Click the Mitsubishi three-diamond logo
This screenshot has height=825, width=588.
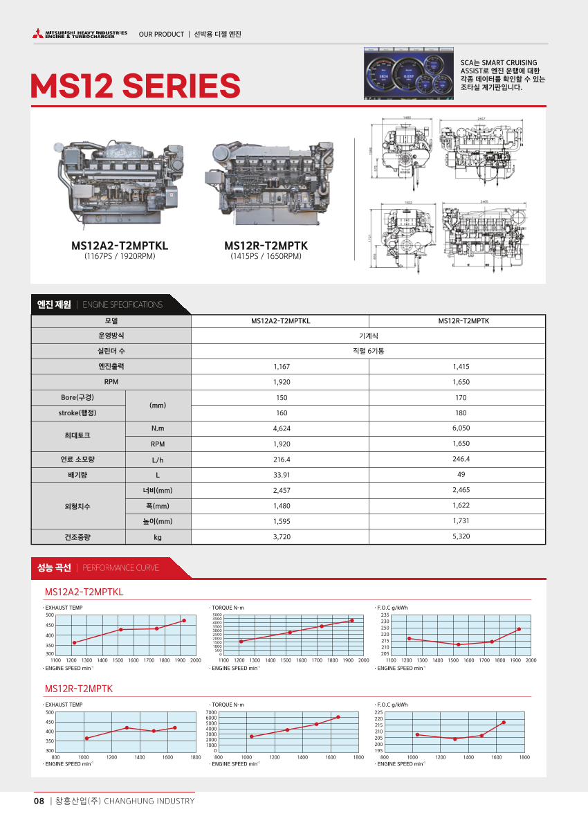[x=37, y=34]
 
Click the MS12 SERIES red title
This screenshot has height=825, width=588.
[x=136, y=86]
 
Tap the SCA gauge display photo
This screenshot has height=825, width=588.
[x=409, y=75]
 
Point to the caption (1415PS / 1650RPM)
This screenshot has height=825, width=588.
[x=266, y=257]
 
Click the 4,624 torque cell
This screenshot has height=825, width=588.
[x=281, y=428]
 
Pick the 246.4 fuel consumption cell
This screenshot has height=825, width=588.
[x=461, y=459]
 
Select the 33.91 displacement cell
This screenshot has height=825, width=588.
[x=281, y=475]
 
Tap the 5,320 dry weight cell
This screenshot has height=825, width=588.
[x=461, y=536]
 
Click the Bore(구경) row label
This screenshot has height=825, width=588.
[x=77, y=397]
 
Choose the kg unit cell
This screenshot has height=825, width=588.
[x=157, y=536]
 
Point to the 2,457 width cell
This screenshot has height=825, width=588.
[x=281, y=490]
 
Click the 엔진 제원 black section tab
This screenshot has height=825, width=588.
[x=54, y=305]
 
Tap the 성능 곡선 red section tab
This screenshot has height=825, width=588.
[x=54, y=568]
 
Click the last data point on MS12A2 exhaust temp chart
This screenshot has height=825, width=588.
[x=183, y=620]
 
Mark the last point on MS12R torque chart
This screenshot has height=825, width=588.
[x=338, y=717]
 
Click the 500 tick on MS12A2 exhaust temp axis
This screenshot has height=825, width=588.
[x=49, y=615]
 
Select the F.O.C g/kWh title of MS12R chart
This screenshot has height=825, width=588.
[x=392, y=705]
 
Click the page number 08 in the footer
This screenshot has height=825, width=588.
[x=39, y=801]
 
